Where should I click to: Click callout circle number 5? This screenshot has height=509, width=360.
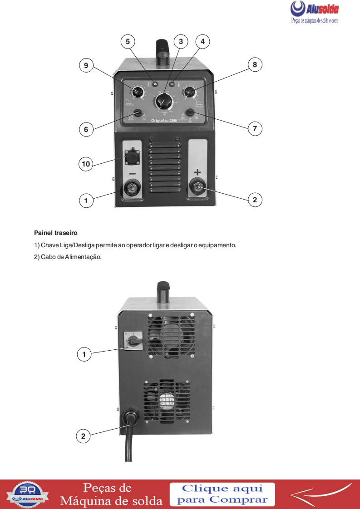coord(128,41)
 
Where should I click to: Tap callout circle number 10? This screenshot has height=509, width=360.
coord(86,163)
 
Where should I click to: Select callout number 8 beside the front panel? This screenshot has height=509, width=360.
coord(255,65)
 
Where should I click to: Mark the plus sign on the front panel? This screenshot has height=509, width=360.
coord(197,172)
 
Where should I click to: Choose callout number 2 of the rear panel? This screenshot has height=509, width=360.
coord(83,436)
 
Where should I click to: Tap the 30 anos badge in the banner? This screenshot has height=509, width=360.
coord(29,494)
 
